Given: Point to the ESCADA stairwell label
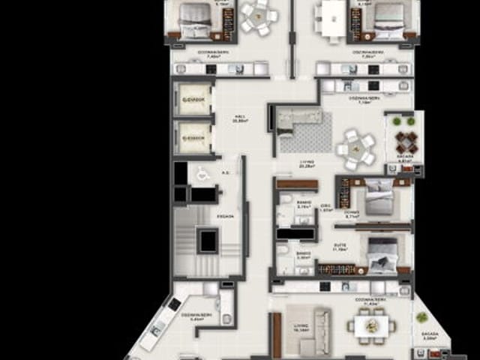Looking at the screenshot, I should click(226, 217).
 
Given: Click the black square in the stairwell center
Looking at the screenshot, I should click(206, 241).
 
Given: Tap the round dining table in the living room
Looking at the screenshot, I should click(357, 147).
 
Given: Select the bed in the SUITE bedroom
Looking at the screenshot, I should click(382, 253).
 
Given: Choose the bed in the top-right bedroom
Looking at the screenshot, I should click(389, 19).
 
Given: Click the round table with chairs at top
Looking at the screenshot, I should click(259, 16).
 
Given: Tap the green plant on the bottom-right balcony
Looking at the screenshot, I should click(421, 317).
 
